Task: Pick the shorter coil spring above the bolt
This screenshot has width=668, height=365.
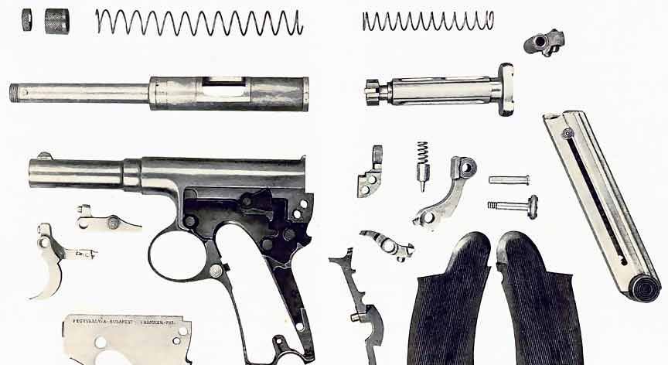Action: pos(428,21)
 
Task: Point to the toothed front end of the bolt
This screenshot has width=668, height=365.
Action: pos(373,90)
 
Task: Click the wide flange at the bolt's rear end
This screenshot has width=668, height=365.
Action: pos(506,89)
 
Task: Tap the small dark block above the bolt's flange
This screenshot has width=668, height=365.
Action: pos(544,42)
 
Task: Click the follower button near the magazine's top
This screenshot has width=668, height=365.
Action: pos(567,133)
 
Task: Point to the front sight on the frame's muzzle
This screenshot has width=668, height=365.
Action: pos(45,156)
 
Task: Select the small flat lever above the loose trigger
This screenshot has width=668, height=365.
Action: pos(108,222)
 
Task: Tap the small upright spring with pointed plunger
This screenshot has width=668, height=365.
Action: pos(423,165)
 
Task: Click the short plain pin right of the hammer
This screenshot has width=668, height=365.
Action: pos(509,179)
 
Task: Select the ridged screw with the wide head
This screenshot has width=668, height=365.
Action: pos(515,206)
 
